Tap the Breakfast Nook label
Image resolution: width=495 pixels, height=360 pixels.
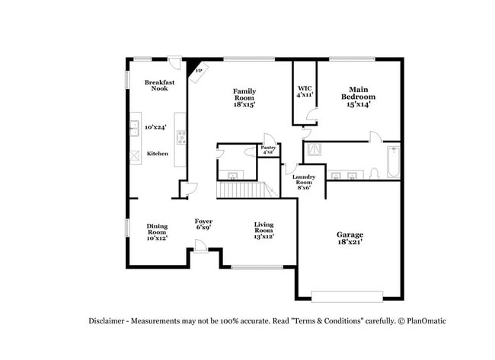click(x=159, y=84)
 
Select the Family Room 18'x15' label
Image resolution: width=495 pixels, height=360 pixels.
click(x=244, y=97)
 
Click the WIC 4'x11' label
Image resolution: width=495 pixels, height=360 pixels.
click(x=305, y=92)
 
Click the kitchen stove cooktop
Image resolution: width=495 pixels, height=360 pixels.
click(x=181, y=138)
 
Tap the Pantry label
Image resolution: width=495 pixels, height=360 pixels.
click(x=268, y=150)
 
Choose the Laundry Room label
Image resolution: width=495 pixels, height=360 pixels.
click(x=303, y=183)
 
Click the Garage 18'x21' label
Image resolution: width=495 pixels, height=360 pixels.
click(x=350, y=238)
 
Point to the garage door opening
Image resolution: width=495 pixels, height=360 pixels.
click(x=347, y=295)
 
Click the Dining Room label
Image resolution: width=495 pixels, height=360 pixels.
click(x=157, y=231)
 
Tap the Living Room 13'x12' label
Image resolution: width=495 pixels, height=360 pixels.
click(x=263, y=230)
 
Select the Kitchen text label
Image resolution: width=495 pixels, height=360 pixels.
click(x=158, y=154)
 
